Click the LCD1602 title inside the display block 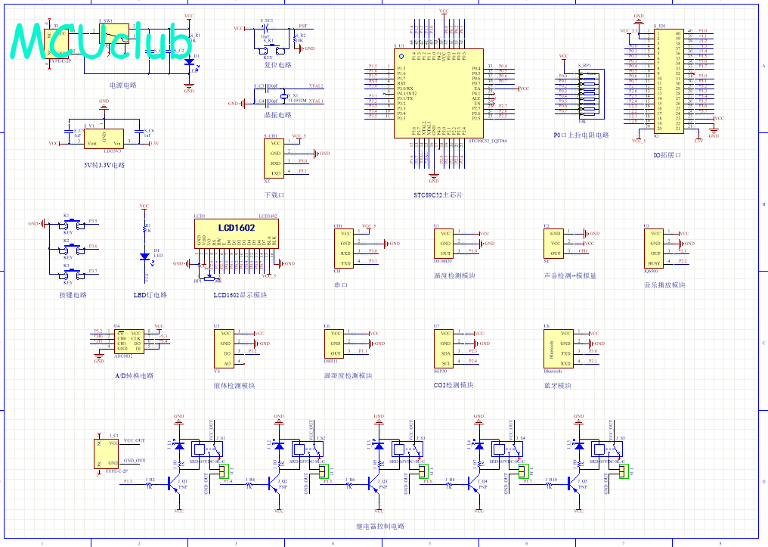coord(237,227)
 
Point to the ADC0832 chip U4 coord(128,341)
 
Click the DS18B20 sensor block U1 coord(446,244)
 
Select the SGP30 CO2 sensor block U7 coord(446,348)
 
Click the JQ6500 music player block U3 coord(654,247)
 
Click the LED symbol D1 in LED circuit coord(144,256)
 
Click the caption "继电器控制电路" coord(380,526)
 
